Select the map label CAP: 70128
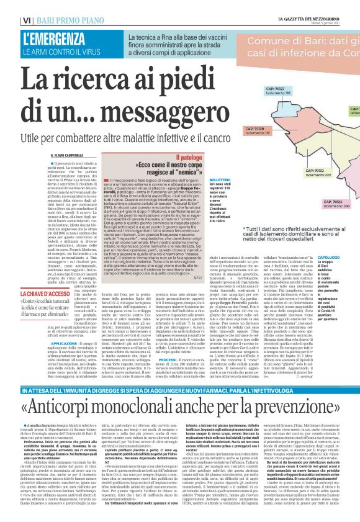pyautogui.click(x=251, y=112)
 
